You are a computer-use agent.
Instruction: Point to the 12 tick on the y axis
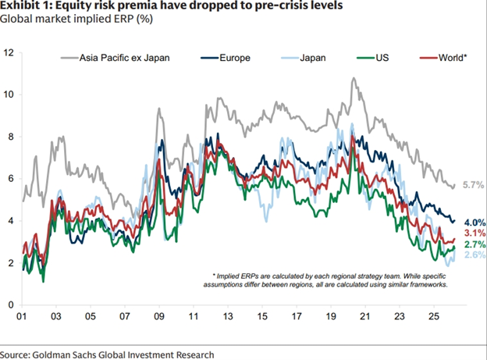9,52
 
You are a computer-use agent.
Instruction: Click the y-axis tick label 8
10,137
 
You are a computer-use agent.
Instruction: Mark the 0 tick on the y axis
10,305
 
